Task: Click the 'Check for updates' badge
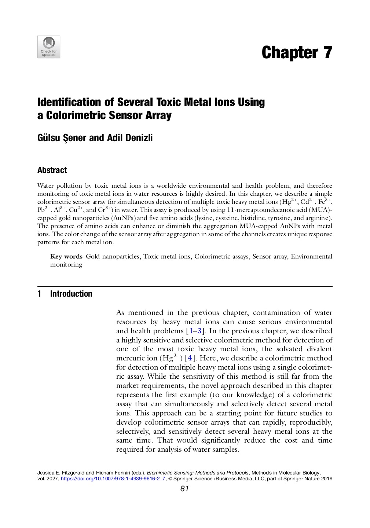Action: pos(48,47)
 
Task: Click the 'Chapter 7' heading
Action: pos(297,53)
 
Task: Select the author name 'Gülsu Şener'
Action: pos(62,138)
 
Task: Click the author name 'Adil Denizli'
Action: pos(129,138)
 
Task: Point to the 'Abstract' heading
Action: pos(52,170)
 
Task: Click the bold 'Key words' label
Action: pos(66,257)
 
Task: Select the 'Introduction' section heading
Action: pos(71,294)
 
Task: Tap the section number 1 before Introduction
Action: pos(39,294)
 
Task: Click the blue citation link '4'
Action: pos(190,358)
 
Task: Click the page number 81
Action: pos(184,489)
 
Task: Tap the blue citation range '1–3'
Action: pos(194,331)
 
